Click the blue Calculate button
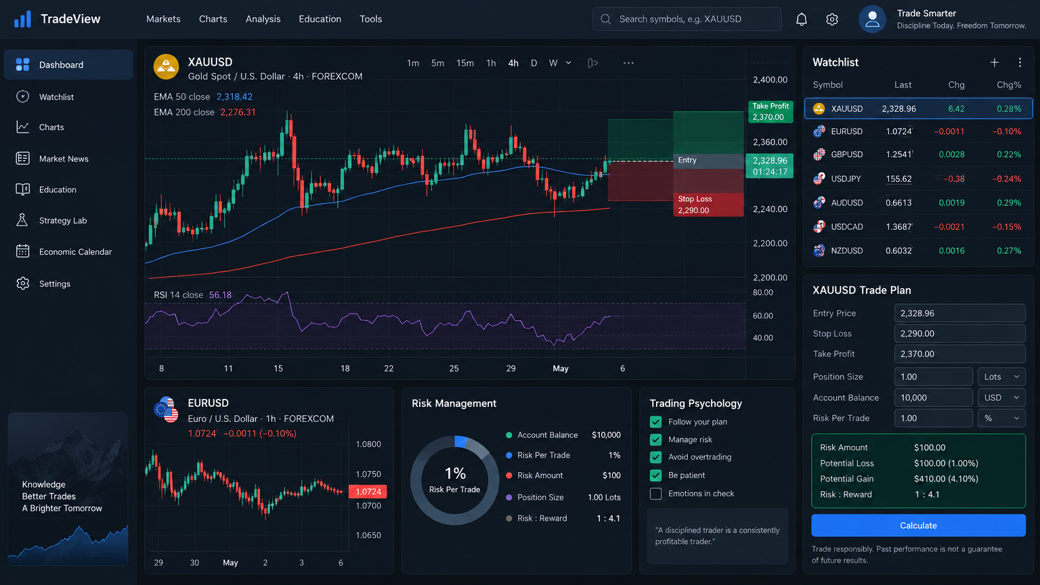tap(918, 525)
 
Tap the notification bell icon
tap(802, 19)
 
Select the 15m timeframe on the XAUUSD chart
tap(464, 63)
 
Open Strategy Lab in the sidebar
tap(63, 220)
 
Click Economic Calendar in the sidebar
tap(75, 252)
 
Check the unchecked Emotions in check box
tap(655, 494)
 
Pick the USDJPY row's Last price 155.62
tap(899, 179)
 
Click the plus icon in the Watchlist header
tap(994, 62)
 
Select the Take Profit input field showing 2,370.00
tap(959, 354)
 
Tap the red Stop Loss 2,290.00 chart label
tap(708, 204)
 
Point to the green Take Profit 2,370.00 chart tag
tap(771, 112)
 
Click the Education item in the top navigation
tap(320, 19)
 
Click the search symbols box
tap(687, 19)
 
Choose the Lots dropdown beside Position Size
tap(1001, 376)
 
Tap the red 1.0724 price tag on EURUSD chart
tap(368, 491)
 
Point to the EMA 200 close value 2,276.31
tap(238, 112)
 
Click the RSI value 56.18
tap(220, 295)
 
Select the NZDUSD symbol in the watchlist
tap(846, 251)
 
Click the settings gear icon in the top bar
tap(832, 19)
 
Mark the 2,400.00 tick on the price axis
tap(770, 79)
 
